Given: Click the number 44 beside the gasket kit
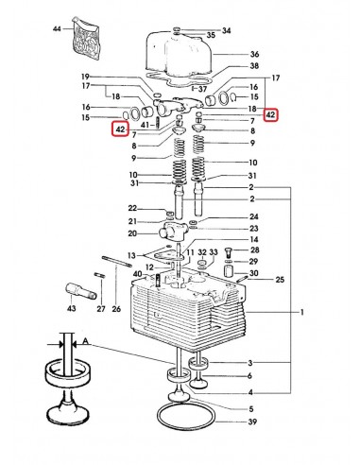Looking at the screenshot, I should (x=57, y=30).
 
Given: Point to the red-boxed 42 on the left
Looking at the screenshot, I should (x=121, y=129).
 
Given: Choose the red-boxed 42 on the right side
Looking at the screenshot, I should (x=271, y=115).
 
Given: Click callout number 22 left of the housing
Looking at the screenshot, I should (x=132, y=208).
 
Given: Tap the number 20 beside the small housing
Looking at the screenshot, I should (x=132, y=233).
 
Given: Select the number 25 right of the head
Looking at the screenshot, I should (x=280, y=281).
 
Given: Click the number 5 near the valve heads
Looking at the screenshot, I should (x=250, y=408).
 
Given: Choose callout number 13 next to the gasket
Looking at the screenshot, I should (x=131, y=256).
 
